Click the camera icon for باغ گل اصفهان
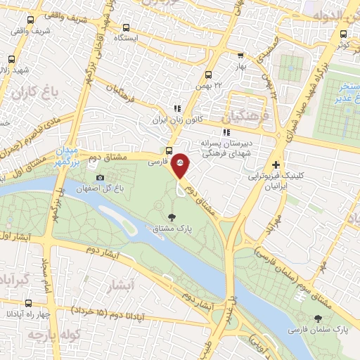click(100, 177)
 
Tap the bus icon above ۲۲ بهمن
click(208, 75)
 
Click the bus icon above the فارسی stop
click(169, 150)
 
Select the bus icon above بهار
click(241, 55)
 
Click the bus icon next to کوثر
click(343, 33)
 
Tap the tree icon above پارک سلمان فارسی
click(310, 318)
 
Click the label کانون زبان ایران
click(177, 120)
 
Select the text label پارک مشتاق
click(173, 228)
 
